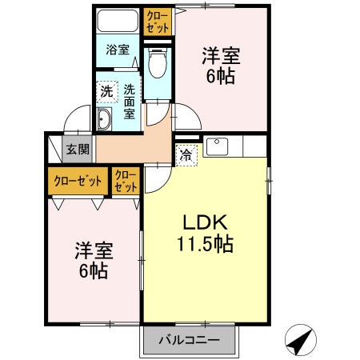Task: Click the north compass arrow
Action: pos(300,342)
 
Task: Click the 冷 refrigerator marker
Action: pos(185,154)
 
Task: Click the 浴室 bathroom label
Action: pos(118,50)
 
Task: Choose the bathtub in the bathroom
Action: pos(118,21)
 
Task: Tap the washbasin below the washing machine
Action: pos(105,120)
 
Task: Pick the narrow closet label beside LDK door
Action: pos(126,179)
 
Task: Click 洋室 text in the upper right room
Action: pos(221,58)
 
